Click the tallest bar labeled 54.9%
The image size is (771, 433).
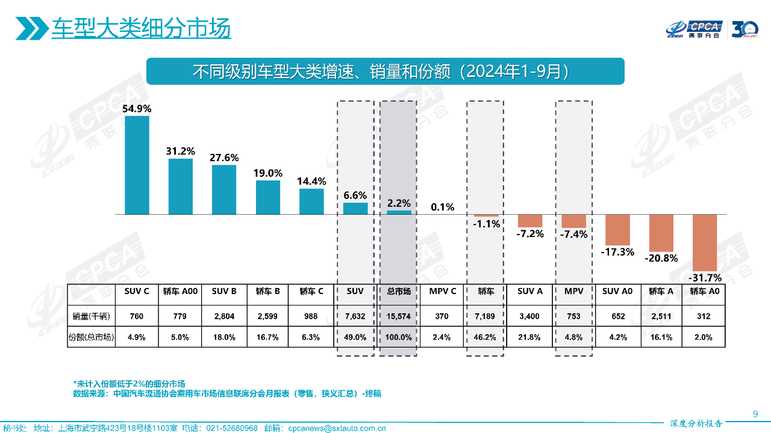(137, 165)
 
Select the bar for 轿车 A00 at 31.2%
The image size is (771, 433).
(181, 186)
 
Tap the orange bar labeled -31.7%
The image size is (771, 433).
(704, 242)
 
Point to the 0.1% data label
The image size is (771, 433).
(442, 207)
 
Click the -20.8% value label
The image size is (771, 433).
(661, 258)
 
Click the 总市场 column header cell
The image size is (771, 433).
(399, 292)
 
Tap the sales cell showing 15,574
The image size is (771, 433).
(399, 316)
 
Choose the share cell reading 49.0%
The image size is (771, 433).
(355, 337)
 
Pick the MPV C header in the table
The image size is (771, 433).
(442, 292)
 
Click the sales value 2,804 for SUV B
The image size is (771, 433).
(224, 316)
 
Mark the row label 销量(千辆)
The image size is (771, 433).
(91, 316)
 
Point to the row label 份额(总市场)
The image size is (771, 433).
(91, 337)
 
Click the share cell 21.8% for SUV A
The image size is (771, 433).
(530, 337)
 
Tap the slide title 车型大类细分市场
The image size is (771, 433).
(141, 28)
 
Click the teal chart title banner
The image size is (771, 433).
(385, 71)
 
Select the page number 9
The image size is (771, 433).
(755, 413)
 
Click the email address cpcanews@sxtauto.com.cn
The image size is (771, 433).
(337, 428)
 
